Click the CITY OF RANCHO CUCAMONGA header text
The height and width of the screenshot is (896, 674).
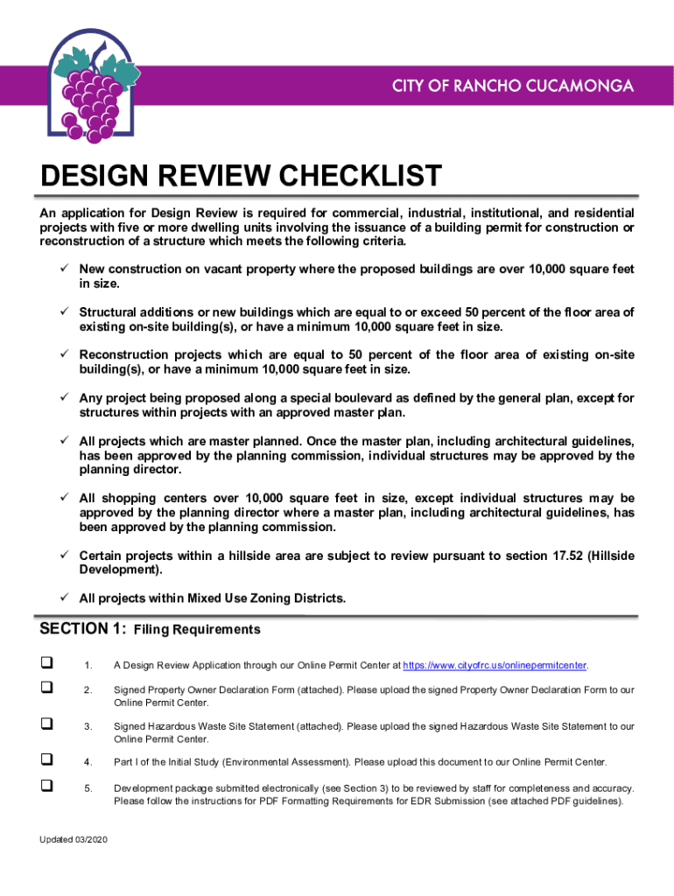[x=512, y=87]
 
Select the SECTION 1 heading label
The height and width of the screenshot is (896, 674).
[x=83, y=628]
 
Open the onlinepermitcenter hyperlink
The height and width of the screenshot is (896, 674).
[x=495, y=666]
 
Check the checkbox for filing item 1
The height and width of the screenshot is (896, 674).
[x=46, y=665]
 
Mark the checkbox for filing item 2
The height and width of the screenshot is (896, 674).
[x=46, y=689]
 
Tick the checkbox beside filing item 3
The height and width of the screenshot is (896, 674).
[x=46, y=724]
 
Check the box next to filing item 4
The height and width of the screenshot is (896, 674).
[x=46, y=759]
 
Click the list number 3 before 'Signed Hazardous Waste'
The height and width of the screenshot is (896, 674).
[x=88, y=726]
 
